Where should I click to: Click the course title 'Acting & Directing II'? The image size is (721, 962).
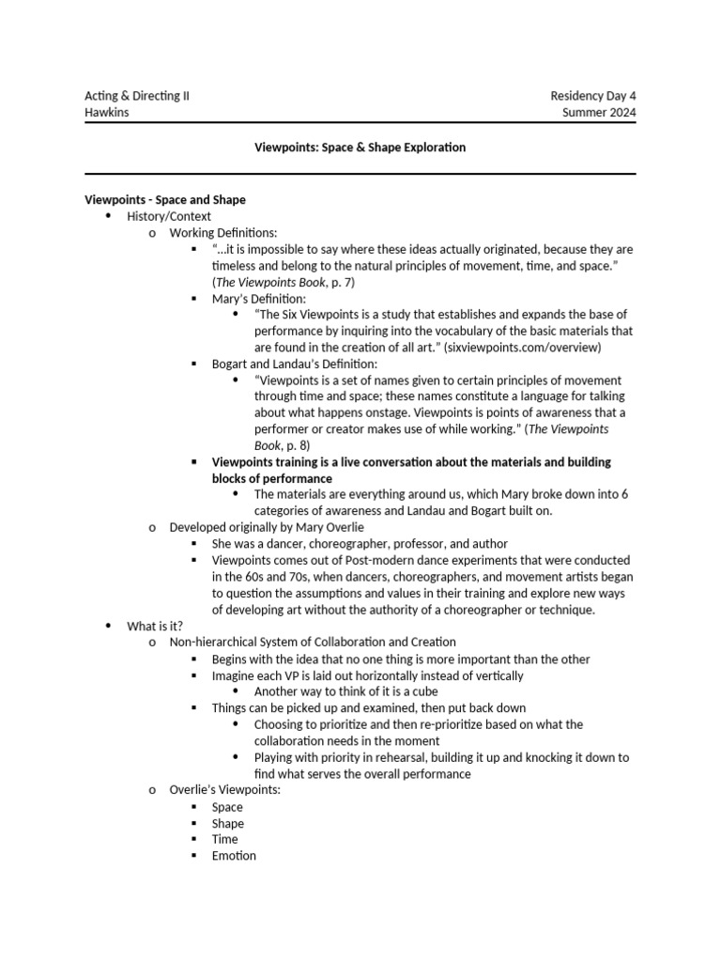point(136,97)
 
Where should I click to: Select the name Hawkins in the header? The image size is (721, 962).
point(109,113)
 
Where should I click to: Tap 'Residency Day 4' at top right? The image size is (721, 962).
point(592,97)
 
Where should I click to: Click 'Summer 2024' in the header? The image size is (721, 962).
point(599,113)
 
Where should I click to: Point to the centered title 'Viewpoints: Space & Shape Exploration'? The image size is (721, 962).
point(360,147)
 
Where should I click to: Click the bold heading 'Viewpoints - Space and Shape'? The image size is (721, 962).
point(165,199)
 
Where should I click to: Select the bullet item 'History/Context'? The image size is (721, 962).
point(169,216)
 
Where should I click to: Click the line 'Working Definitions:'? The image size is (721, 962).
point(223,232)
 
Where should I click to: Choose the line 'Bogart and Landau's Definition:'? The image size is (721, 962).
point(295,364)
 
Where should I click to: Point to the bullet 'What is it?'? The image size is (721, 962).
point(155,626)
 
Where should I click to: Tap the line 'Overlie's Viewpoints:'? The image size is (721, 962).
point(224,790)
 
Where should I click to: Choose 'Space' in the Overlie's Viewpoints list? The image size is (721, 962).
point(227,807)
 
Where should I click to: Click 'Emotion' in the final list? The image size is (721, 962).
point(234,856)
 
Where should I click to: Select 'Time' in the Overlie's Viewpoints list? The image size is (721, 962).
point(225,839)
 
